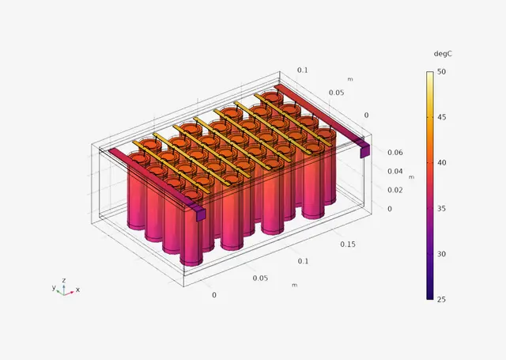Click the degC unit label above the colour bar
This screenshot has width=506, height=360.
click(443, 54)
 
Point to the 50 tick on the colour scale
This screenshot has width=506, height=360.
click(441, 72)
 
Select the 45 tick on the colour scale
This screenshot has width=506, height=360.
click(441, 117)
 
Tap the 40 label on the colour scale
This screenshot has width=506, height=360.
click(441, 163)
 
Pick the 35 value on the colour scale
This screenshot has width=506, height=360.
click(441, 209)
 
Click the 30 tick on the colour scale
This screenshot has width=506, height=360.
click(441, 254)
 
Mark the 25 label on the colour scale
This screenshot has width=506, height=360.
click(441, 300)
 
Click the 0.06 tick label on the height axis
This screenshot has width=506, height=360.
click(395, 153)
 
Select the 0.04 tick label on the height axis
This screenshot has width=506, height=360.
click(395, 172)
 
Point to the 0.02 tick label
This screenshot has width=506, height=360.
click(395, 190)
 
